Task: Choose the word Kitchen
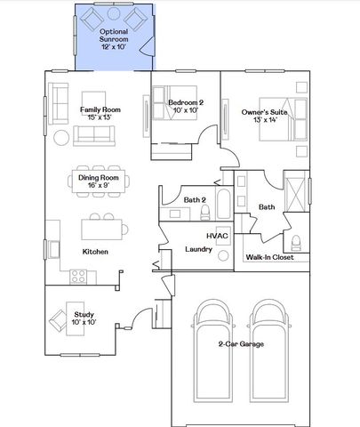(x=95, y=252)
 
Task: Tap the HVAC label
(x=219, y=236)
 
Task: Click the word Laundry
(x=198, y=249)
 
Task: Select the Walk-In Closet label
(x=276, y=259)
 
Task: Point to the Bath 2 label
(x=195, y=199)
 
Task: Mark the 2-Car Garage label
(x=240, y=343)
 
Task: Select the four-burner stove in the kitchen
(x=77, y=276)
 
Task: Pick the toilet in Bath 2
(x=204, y=212)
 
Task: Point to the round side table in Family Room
(x=61, y=139)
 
